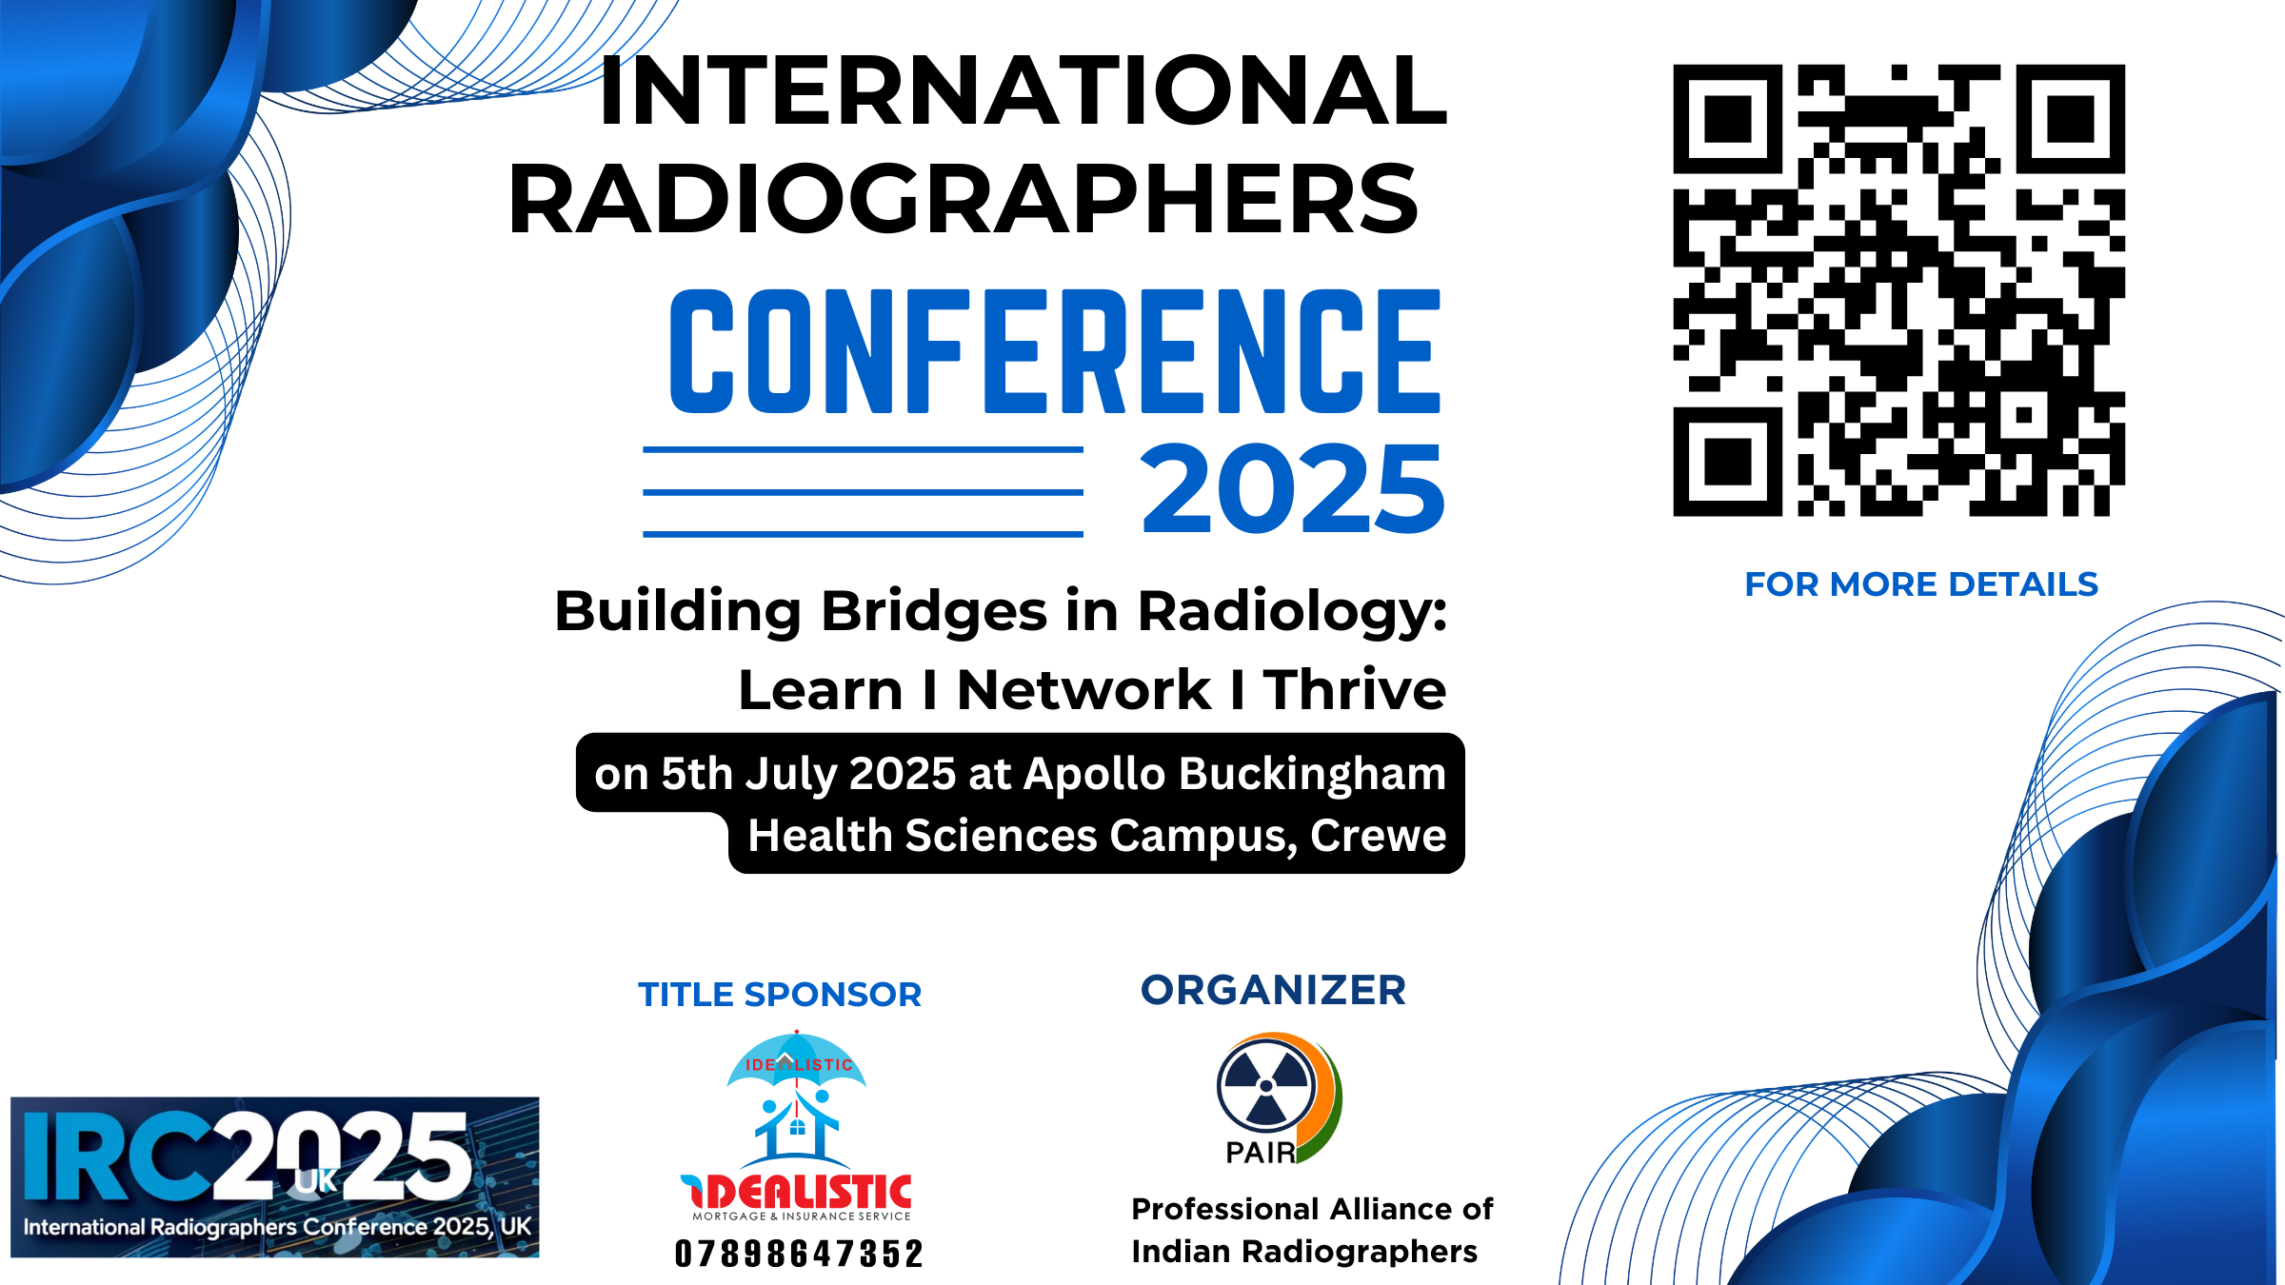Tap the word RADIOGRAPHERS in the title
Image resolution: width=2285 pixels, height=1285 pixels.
(x=964, y=200)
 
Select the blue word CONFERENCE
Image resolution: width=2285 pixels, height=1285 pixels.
(x=1055, y=352)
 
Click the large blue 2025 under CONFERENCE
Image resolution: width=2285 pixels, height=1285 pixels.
(x=1292, y=489)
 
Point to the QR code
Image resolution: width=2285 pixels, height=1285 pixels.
(x=1898, y=290)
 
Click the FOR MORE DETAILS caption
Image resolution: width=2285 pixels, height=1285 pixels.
(x=1920, y=584)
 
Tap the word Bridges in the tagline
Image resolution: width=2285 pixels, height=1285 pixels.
(x=933, y=611)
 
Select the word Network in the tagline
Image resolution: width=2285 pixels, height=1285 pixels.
(x=1083, y=690)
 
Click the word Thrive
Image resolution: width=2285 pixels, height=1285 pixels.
(x=1354, y=690)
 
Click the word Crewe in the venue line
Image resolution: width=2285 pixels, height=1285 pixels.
(x=1378, y=836)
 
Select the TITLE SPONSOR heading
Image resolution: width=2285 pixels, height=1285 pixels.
(x=780, y=995)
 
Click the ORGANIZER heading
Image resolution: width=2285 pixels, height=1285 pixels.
(x=1273, y=991)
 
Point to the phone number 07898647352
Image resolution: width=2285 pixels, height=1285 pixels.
(x=799, y=1254)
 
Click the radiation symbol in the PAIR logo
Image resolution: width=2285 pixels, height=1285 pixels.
(x=1265, y=1086)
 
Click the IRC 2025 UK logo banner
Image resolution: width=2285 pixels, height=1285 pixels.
(x=274, y=1176)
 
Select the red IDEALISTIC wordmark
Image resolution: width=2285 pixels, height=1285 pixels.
(x=797, y=1192)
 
